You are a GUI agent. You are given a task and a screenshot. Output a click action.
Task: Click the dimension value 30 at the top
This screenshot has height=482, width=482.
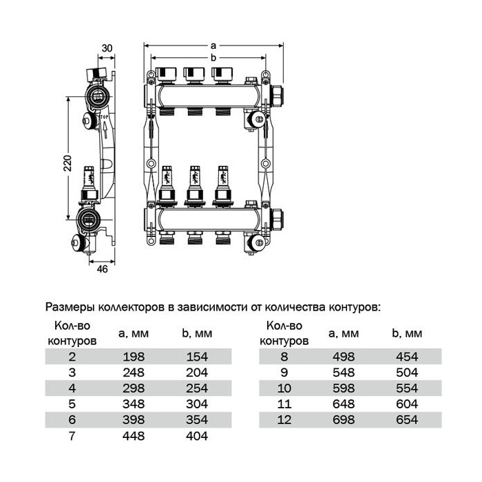tap(107, 48)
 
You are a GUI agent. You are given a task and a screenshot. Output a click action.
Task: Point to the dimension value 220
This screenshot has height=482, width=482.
tap(67, 163)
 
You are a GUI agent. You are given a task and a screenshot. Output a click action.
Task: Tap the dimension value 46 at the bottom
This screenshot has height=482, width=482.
tap(103, 269)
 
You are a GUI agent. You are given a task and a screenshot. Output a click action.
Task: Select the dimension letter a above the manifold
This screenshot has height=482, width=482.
tap(213, 46)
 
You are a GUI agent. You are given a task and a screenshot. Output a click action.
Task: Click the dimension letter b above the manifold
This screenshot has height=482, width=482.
tap(213, 57)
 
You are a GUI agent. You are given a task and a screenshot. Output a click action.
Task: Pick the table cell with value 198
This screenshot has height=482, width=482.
tap(134, 357)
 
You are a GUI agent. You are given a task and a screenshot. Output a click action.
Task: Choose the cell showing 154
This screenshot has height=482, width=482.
tap(197, 357)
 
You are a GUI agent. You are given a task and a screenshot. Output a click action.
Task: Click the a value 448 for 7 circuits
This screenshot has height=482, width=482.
tap(134, 436)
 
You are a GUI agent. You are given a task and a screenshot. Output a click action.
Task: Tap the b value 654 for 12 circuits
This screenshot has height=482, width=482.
tap(407, 419)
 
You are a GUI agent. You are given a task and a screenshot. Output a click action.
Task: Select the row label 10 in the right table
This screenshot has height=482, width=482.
tap(284, 388)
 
